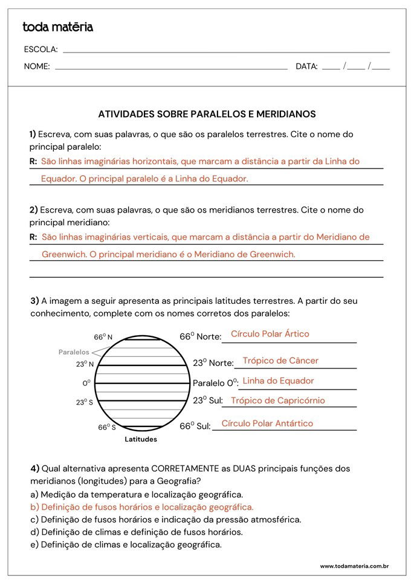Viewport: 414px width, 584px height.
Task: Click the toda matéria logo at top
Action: coord(57,27)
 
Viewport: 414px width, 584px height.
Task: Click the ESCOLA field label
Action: coord(40,50)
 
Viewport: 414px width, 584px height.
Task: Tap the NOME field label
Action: coord(37,66)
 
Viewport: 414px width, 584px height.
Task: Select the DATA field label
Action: coord(306,66)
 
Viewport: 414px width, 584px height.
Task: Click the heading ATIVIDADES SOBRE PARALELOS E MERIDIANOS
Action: coord(207,114)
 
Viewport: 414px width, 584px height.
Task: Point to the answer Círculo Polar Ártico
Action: coord(270,334)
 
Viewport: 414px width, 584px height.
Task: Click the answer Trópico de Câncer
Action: coord(280,361)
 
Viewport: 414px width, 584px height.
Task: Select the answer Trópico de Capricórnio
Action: coord(277,400)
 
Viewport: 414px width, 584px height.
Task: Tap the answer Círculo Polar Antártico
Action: coord(267,423)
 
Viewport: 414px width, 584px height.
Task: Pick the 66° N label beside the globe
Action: coord(103,337)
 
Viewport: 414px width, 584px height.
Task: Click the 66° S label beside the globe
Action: coord(107,428)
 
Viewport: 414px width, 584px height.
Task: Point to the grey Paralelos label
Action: coord(74,352)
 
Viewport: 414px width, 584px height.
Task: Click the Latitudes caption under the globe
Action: coord(141,439)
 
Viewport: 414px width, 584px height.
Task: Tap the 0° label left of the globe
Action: coord(86,383)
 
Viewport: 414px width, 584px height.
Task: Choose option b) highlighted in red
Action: coord(142,507)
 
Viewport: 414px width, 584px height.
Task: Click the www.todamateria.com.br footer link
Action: coord(354,566)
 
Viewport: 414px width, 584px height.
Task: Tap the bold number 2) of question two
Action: coord(34,210)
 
